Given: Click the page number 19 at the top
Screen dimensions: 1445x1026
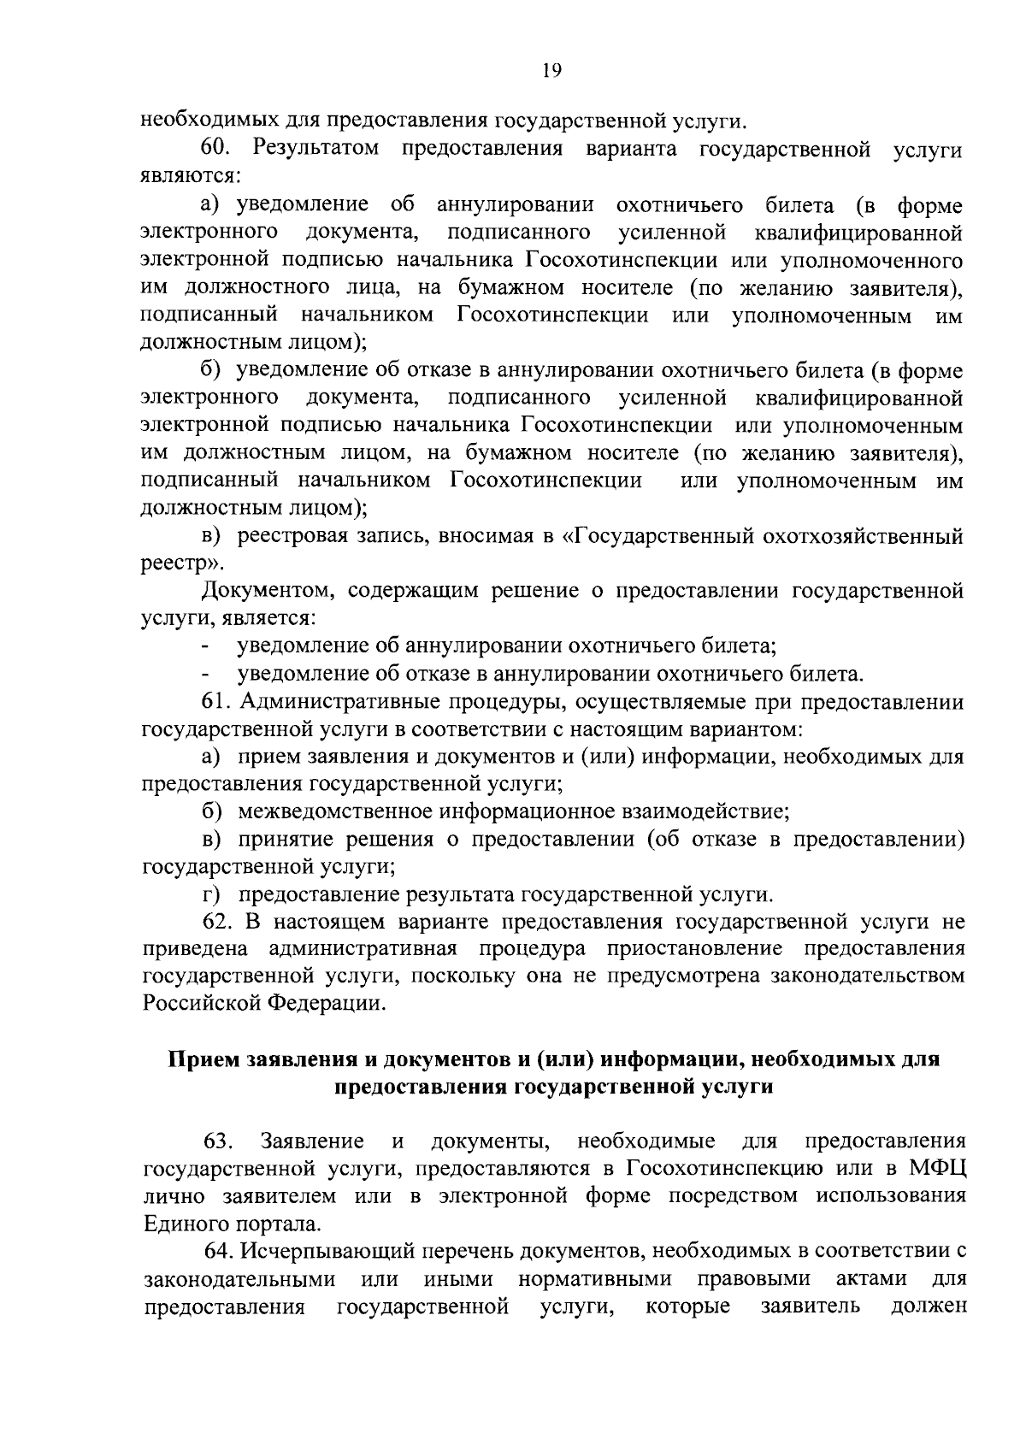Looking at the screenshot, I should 551,72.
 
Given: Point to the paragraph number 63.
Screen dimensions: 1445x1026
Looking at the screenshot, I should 217,1141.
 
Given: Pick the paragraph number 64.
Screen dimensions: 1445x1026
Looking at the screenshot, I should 221,1251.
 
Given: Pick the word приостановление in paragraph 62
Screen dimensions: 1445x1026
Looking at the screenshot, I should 693,949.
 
